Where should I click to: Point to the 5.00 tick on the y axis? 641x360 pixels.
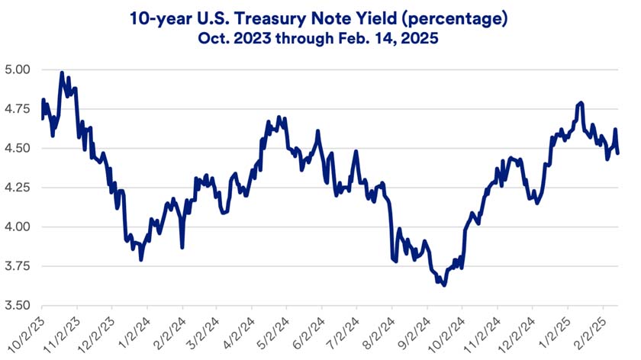click(18, 69)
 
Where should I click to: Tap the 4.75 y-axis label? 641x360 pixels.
click(18, 108)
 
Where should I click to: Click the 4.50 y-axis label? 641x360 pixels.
click(18, 148)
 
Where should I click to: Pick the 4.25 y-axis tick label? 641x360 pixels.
click(18, 188)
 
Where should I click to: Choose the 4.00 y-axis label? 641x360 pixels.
click(18, 227)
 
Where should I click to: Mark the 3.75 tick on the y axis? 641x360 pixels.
click(18, 266)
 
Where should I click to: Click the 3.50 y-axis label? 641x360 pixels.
click(18, 305)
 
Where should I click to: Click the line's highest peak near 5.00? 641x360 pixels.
click(62, 73)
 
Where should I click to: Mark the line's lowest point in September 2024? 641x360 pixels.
click(443, 285)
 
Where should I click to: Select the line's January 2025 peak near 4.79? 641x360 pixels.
click(581, 102)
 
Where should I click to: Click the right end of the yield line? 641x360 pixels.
click(618, 153)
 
